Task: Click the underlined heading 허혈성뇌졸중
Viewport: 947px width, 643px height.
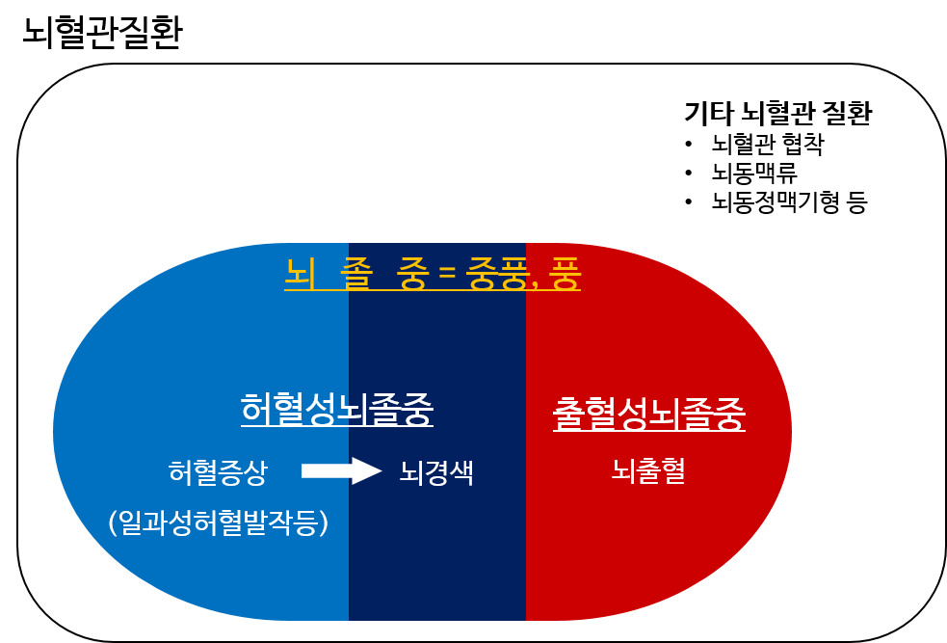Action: point(336,410)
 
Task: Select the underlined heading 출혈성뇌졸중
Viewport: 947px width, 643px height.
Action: point(648,415)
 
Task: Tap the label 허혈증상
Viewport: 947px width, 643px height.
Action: point(217,472)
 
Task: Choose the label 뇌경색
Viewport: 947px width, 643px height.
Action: point(436,473)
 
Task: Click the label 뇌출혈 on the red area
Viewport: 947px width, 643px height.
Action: point(647,470)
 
